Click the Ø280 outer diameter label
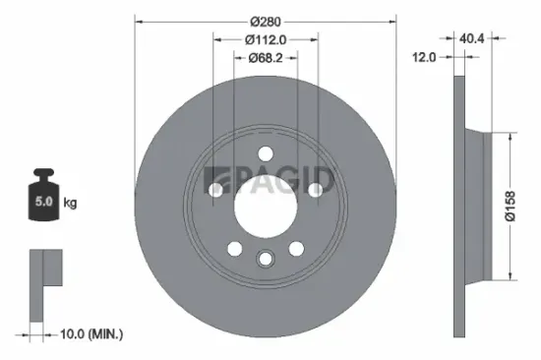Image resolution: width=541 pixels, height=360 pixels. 266,22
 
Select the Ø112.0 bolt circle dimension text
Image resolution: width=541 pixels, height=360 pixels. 266,40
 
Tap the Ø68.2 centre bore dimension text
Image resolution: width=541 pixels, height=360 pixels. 266,57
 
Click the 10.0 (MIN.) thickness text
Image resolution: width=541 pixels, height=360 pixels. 90,335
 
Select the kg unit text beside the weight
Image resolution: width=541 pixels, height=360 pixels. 71,203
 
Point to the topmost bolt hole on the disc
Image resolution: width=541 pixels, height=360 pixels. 266,152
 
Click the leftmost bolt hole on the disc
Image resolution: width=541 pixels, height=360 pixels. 216,189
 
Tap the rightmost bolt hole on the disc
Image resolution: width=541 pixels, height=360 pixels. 315,189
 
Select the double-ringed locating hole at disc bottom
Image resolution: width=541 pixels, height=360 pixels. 266,258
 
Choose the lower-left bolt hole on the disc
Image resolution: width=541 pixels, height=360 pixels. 234,247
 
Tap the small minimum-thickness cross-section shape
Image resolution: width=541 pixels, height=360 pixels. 43,280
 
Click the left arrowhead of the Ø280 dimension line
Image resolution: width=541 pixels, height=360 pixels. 139,22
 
